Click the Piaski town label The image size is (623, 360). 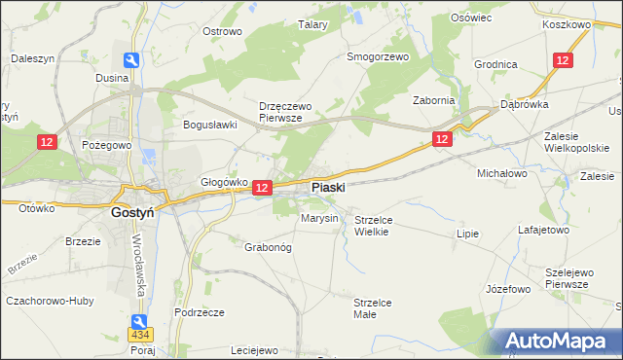(x=328, y=187)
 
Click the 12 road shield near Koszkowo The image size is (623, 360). (x=562, y=60)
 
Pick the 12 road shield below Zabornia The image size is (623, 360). (x=442, y=140)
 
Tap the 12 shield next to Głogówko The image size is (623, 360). (x=261, y=186)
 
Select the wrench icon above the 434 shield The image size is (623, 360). (x=141, y=320)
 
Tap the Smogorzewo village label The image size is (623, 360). (x=379, y=56)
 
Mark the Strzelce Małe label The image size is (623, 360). (x=373, y=308)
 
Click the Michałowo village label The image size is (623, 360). (x=501, y=172)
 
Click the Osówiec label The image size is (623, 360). (x=469, y=18)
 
